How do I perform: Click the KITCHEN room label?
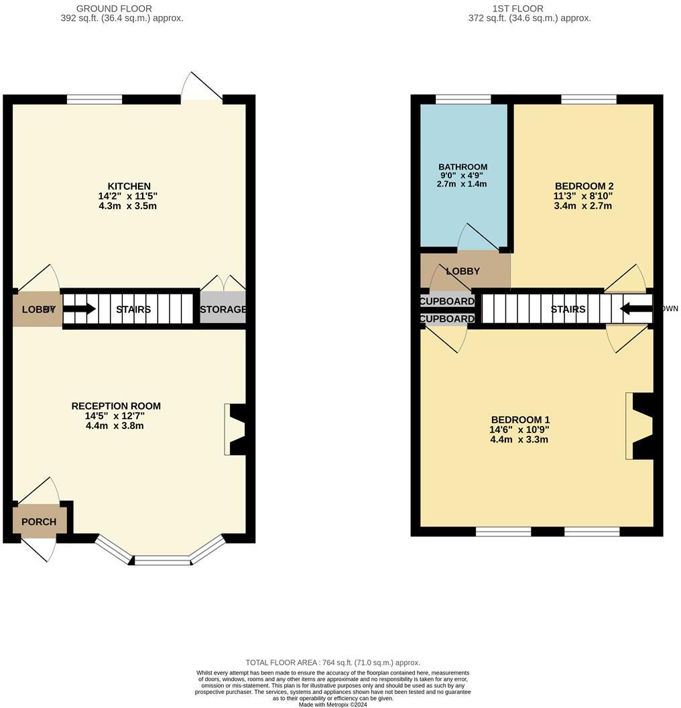pyautogui.click(x=129, y=186)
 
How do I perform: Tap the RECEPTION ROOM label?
pyautogui.click(x=116, y=406)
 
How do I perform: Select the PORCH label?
pyautogui.click(x=39, y=522)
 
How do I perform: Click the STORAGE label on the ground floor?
pyautogui.click(x=223, y=309)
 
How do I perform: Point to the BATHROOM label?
pyautogui.click(x=462, y=167)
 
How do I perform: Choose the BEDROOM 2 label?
pyautogui.click(x=583, y=186)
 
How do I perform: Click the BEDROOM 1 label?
pyautogui.click(x=519, y=420)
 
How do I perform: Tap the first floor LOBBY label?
pyautogui.click(x=462, y=271)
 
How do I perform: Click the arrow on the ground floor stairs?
pyautogui.click(x=79, y=309)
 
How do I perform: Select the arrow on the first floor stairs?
pyautogui.click(x=635, y=308)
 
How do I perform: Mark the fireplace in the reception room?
pyautogui.click(x=235, y=429)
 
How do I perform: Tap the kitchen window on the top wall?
pyautogui.click(x=95, y=99)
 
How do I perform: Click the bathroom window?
pyautogui.click(x=462, y=99)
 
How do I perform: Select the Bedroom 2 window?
pyautogui.click(x=589, y=99)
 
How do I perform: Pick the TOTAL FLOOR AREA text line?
pyautogui.click(x=332, y=662)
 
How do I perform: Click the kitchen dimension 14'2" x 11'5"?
pyautogui.click(x=127, y=196)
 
